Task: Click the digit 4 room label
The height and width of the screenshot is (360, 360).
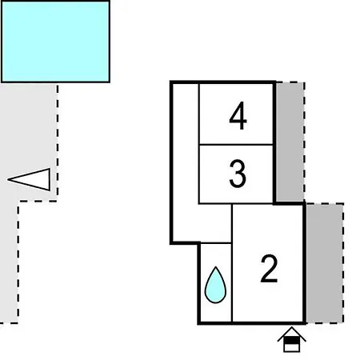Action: [x=238, y=115]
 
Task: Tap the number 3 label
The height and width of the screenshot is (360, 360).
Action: [x=238, y=174]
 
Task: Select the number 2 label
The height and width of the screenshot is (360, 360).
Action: [x=269, y=268]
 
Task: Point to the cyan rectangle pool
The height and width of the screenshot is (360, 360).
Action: [x=55, y=42]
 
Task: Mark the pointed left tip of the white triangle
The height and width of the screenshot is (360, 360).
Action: [x=8, y=179]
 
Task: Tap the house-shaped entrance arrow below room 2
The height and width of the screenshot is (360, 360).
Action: [x=292, y=339]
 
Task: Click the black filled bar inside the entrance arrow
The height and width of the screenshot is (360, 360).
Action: [x=292, y=340]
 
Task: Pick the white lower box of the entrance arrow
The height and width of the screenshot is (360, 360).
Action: [x=292, y=347]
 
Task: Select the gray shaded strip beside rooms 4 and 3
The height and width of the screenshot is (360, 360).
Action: [x=290, y=142]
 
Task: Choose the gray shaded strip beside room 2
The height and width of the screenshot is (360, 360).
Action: [x=325, y=263]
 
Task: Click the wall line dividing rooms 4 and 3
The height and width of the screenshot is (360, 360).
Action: [x=236, y=145]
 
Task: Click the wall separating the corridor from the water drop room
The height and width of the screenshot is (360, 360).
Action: [x=216, y=243]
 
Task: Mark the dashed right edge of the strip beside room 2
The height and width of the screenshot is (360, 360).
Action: [x=343, y=263]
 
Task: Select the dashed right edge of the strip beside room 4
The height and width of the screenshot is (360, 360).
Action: [x=304, y=142]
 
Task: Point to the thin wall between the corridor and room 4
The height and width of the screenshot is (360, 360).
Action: [x=199, y=114]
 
